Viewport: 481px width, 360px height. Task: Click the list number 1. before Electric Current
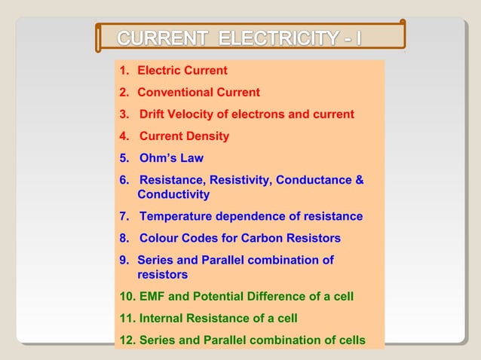124,71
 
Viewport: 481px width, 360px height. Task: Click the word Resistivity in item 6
239,180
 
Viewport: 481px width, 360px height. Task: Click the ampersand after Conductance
359,180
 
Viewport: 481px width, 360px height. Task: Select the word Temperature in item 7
176,217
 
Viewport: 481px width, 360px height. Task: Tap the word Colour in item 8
160,239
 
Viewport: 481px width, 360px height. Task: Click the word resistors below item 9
162,275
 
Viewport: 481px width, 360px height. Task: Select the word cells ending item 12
350,340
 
